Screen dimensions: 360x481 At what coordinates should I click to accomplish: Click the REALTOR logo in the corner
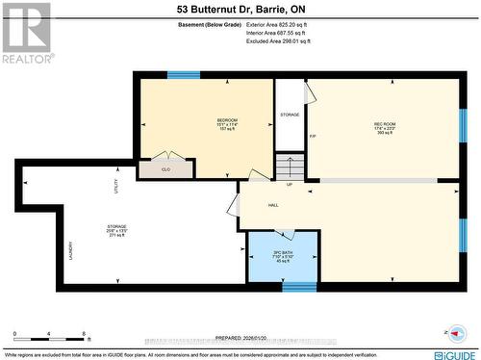pyautogui.click(x=26, y=33)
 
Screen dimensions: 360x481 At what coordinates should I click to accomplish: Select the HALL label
pyautogui.click(x=273, y=205)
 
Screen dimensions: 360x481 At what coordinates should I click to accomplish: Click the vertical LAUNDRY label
pyautogui.click(x=70, y=250)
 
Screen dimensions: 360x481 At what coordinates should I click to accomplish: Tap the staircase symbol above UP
pyautogui.click(x=290, y=166)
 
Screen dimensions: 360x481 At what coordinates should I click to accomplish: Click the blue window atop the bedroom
pyautogui.click(x=183, y=74)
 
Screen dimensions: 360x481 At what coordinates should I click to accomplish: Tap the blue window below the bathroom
pyautogui.click(x=299, y=286)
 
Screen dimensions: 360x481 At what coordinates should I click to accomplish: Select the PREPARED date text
pyautogui.click(x=240, y=338)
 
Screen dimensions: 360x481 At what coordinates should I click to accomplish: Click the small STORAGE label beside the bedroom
pyautogui.click(x=290, y=115)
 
